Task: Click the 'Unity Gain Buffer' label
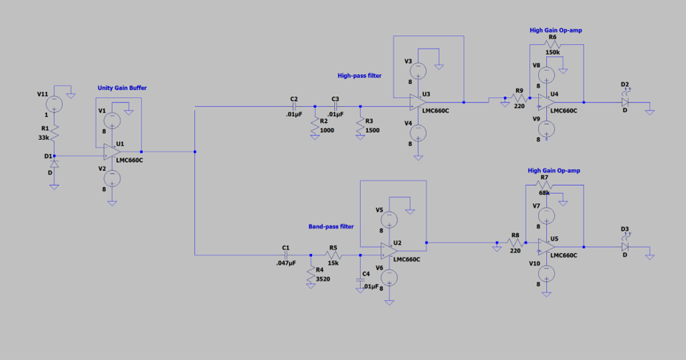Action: pyautogui.click(x=122, y=88)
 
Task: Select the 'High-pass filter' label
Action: pyautogui.click(x=359, y=75)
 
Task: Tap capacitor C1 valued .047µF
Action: pyautogui.click(x=286, y=255)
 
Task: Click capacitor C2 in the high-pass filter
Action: pyautogui.click(x=294, y=106)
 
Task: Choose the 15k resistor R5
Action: pyautogui.click(x=333, y=255)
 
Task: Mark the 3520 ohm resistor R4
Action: pyautogui.click(x=311, y=270)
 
